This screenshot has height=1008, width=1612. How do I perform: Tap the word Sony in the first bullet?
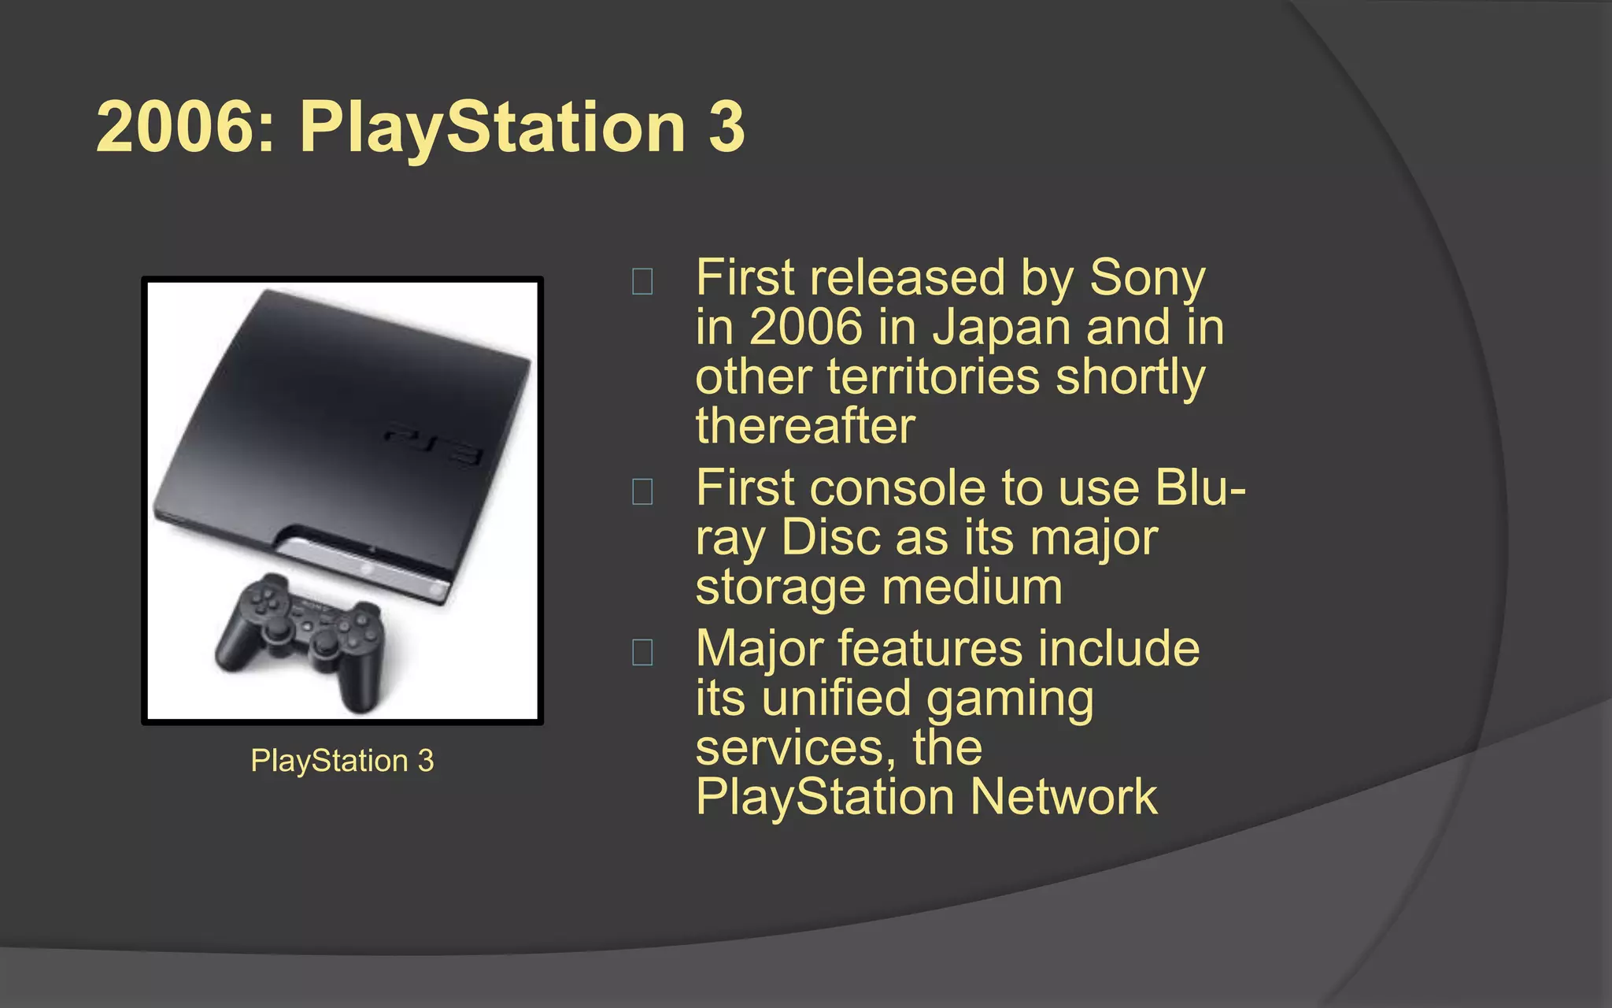point(1147,279)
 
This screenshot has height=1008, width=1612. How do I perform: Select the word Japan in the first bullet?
point(1000,328)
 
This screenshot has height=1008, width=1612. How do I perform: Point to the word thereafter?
point(805,426)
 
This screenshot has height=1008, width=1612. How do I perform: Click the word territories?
point(933,377)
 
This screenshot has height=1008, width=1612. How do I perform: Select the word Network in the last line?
point(1063,797)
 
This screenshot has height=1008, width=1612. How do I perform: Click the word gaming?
point(1010,699)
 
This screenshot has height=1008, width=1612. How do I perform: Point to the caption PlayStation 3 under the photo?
point(342,761)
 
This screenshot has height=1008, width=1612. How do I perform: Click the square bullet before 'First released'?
point(642,282)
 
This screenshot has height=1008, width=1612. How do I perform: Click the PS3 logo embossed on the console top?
point(434,443)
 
